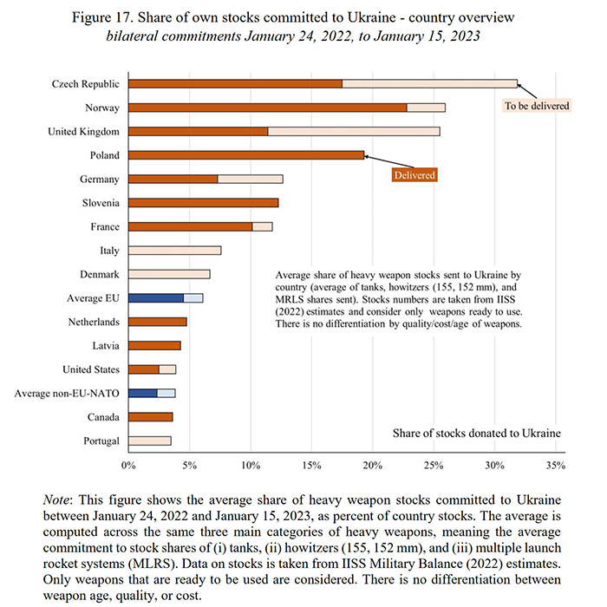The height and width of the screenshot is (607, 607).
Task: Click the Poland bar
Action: [246, 155]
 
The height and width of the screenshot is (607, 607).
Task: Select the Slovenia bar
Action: [204, 203]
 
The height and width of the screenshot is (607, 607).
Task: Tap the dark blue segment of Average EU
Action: [156, 297]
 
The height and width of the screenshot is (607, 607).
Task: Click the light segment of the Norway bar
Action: [426, 108]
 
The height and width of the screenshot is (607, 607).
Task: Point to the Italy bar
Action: [174, 251]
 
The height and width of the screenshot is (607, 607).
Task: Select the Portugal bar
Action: [150, 441]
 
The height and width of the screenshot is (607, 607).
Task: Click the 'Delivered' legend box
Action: [414, 174]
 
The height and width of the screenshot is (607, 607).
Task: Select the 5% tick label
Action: [189, 466]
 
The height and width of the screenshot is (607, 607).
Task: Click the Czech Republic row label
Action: [86, 84]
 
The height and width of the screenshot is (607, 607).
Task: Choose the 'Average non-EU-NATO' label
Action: [69, 393]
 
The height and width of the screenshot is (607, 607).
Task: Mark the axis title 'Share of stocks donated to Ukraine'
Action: [476, 433]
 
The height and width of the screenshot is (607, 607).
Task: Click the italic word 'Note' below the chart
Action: [58, 501]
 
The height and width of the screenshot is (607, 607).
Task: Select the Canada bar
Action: [151, 416]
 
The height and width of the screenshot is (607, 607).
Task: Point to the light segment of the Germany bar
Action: [250, 179]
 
